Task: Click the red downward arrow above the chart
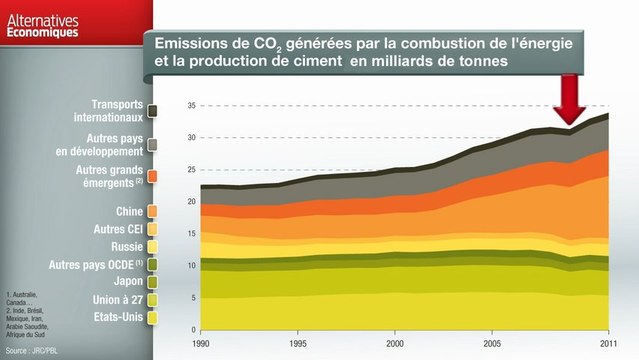pyautogui.click(x=571, y=100)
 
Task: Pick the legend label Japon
pyautogui.click(x=127, y=282)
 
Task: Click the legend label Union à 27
pyautogui.click(x=115, y=300)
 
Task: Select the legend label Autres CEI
pyautogui.click(x=116, y=229)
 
